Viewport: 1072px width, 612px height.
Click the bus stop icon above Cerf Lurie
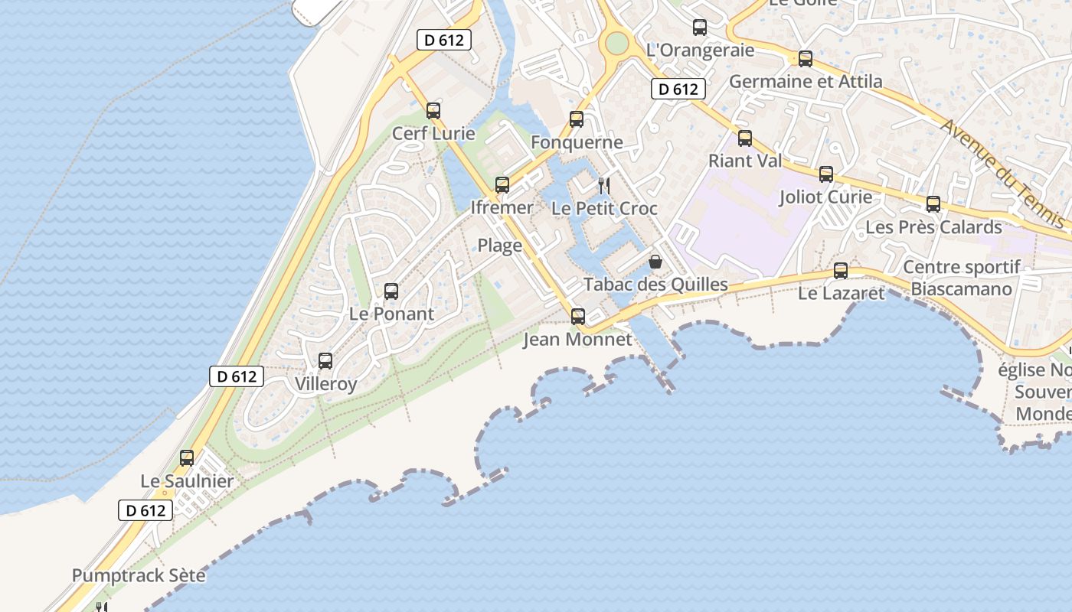pos(433,110)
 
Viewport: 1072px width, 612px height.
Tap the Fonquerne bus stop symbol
pos(577,119)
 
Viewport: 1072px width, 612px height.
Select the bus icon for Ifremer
pos(502,184)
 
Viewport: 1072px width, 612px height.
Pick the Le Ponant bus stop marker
pos(391,291)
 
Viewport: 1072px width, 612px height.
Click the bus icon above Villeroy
pos(325,360)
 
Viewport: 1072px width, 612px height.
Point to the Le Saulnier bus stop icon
pos(187,458)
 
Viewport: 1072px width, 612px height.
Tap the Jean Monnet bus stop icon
pos(578,316)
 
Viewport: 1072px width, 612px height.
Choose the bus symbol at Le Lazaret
pos(841,270)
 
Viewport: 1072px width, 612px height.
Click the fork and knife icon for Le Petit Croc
pos(604,185)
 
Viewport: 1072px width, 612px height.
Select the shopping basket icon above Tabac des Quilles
pos(655,262)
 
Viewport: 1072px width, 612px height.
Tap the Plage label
pos(500,246)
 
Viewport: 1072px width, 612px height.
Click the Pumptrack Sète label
pos(139,575)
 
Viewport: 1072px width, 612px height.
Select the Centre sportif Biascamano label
pos(962,278)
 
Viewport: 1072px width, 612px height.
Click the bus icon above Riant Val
pos(745,138)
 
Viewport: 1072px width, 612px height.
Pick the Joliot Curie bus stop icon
pos(826,174)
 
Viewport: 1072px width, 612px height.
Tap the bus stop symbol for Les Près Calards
pos(933,204)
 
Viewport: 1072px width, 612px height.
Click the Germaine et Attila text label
pos(806,81)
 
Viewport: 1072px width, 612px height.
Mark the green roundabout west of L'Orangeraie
pos(616,43)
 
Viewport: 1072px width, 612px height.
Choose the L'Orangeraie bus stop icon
pos(700,28)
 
